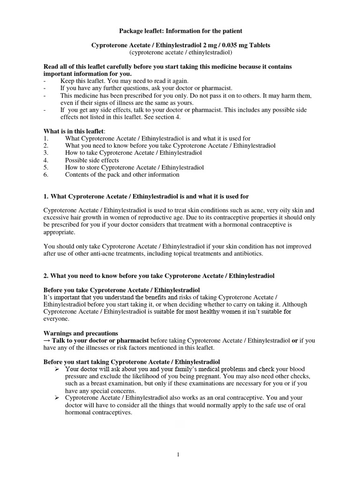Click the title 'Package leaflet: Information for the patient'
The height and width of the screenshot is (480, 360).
180,31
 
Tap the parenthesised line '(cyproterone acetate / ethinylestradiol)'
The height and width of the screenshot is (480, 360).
180,52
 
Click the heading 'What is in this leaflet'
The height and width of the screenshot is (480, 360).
75,131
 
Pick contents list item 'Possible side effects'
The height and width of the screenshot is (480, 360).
92,160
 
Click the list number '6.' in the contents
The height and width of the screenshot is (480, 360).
46,174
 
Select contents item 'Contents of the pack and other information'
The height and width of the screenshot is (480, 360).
122,174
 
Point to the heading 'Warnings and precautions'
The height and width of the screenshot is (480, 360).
81,333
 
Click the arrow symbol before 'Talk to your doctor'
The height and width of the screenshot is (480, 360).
47,340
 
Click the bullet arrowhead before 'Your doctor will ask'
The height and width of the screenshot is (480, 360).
56,369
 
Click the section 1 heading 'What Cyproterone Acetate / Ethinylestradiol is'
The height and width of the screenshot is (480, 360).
150,195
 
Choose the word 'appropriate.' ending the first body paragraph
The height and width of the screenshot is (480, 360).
59,232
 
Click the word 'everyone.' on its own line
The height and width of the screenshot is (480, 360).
56,319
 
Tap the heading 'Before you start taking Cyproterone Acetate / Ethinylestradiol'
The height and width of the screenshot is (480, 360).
132,362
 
